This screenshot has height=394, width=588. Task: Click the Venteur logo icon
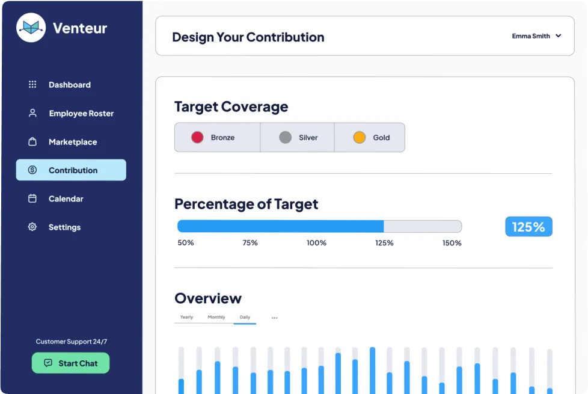(31, 28)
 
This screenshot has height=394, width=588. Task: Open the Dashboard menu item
(69, 85)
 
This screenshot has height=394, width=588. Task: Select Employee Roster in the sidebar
(81, 113)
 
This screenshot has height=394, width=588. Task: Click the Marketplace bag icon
(32, 142)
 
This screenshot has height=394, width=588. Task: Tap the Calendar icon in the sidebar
(32, 199)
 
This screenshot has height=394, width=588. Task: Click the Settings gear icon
(32, 227)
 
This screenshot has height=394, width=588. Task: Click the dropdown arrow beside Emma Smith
(559, 36)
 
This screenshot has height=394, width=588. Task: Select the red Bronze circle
(197, 137)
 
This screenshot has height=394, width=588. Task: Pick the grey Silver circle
(286, 137)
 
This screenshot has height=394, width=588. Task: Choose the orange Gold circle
(360, 137)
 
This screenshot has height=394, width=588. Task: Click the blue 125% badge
(528, 227)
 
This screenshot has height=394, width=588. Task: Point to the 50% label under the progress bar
(186, 243)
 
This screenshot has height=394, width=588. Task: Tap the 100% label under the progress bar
(316, 243)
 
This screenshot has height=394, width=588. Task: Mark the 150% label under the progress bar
(452, 243)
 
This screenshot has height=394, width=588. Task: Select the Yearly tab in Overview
(186, 317)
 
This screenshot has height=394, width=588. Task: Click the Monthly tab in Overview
(216, 317)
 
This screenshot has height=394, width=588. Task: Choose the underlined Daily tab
(245, 317)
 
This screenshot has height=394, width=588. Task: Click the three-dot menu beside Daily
(275, 318)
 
